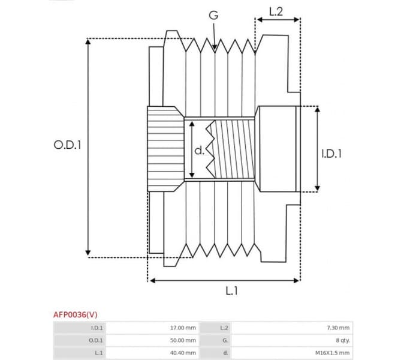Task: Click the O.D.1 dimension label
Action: (x=67, y=145)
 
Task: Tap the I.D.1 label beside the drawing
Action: (x=331, y=154)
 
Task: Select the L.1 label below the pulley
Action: (x=232, y=291)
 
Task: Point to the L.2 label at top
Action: (x=276, y=10)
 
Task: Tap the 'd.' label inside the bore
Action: (x=199, y=150)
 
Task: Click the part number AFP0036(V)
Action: (x=75, y=314)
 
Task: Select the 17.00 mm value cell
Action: (x=183, y=328)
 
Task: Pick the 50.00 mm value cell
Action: (x=183, y=340)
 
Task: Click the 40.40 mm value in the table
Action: (x=183, y=353)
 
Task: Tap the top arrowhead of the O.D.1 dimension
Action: (x=88, y=42)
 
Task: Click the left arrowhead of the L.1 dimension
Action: (x=152, y=280)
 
